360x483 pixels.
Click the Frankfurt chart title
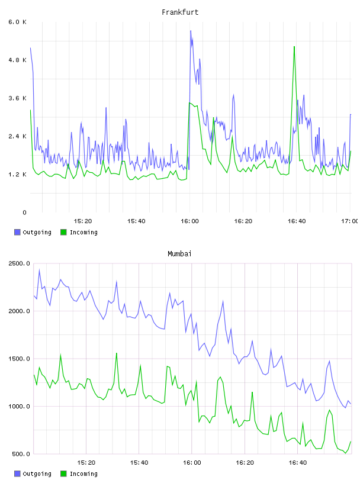(x=180, y=12)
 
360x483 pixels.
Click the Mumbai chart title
(x=179, y=254)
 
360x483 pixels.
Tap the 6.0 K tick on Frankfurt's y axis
(x=17, y=22)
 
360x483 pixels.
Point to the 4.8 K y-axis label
(x=17, y=60)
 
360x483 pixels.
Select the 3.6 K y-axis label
(x=17, y=98)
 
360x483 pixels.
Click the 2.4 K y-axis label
(x=17, y=137)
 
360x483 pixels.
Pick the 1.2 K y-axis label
(x=17, y=175)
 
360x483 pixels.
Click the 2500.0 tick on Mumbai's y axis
(x=20, y=263)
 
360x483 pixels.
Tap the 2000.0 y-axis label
(x=20, y=311)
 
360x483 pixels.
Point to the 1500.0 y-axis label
(x=20, y=359)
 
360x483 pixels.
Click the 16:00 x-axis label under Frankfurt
(x=189, y=221)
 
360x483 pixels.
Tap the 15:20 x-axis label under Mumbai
(x=86, y=463)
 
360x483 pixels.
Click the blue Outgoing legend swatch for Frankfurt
(x=17, y=232)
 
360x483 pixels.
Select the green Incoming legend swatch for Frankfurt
(x=63, y=232)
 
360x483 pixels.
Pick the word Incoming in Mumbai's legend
(x=83, y=474)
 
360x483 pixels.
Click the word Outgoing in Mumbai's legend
(x=37, y=474)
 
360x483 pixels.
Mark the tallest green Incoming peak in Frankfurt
(x=294, y=47)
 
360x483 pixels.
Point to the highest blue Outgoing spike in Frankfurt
(x=191, y=31)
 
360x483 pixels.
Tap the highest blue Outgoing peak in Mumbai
(x=39, y=270)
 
